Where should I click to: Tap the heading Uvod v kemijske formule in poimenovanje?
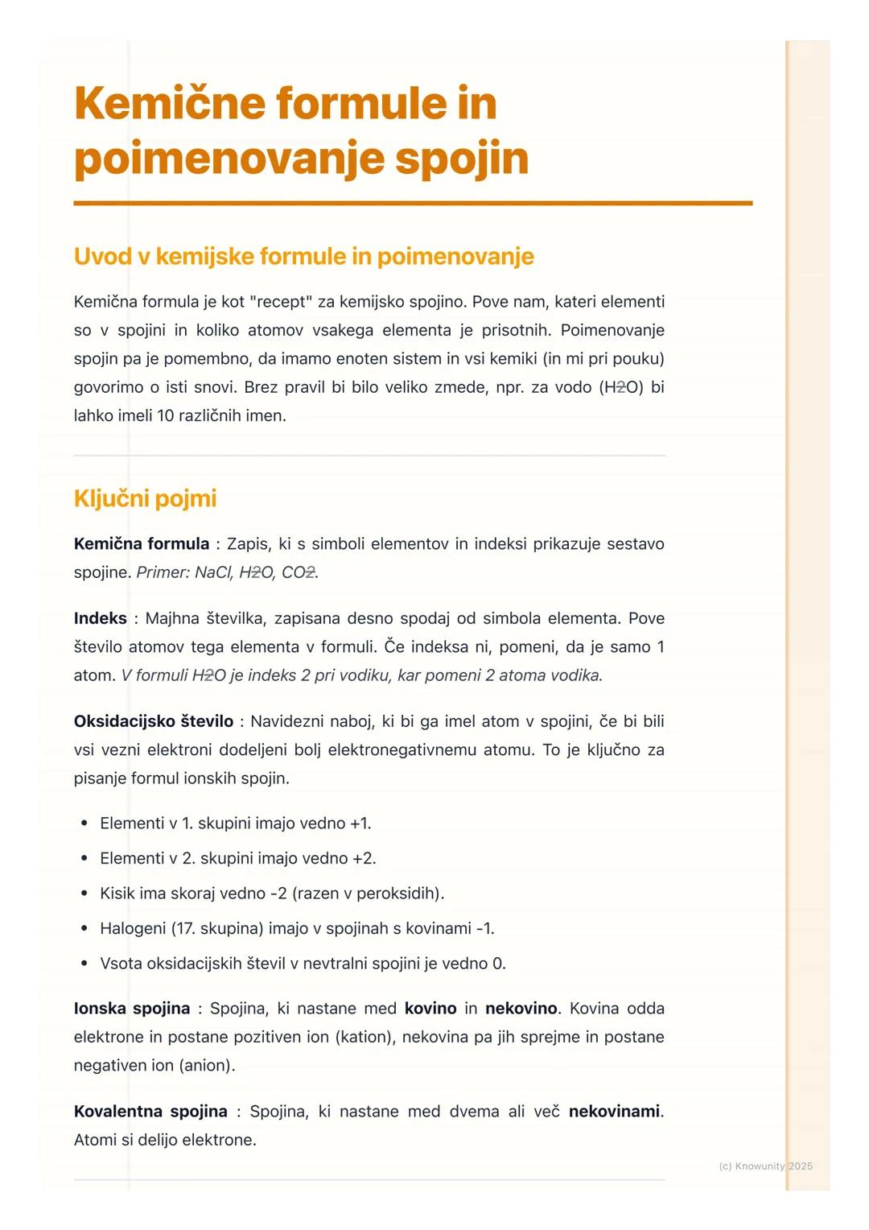tap(303, 256)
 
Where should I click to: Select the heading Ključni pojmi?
tap(145, 498)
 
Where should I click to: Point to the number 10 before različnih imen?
tap(167, 416)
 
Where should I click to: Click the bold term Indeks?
tap(100, 618)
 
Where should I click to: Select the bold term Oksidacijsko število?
tap(153, 721)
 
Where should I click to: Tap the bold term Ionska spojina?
tap(131, 1009)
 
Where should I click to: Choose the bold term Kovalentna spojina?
tap(150, 1112)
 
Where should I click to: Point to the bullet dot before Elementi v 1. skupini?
tap(84, 823)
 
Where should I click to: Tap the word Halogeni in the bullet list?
tap(133, 929)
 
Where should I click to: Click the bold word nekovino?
tap(521, 1009)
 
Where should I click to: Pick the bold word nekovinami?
tap(615, 1112)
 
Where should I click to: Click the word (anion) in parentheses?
tap(207, 1066)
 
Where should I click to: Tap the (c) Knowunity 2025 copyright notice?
tap(765, 1166)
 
